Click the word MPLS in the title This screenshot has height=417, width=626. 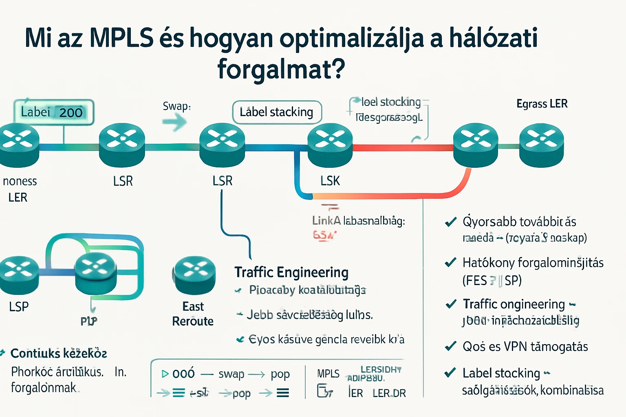[121, 38]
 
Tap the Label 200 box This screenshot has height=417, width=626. [53, 112]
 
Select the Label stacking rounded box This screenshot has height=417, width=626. [277, 112]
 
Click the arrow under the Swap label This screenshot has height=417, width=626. [174, 122]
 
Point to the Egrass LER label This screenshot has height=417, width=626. [542, 104]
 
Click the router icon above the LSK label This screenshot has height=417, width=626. [330, 145]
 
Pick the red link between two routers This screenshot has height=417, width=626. [403, 147]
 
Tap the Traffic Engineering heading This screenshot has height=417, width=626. [291, 272]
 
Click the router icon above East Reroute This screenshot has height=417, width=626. [194, 275]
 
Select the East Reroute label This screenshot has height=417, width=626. [193, 314]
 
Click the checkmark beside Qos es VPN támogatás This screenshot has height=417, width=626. [450, 347]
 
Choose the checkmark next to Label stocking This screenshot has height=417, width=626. [450, 373]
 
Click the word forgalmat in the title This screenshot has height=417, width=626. [281, 69]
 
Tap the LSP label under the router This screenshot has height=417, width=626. [19, 307]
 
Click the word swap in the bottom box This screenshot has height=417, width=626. [231, 374]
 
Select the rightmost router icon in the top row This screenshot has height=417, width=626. [541, 145]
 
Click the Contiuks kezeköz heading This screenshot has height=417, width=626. [59, 353]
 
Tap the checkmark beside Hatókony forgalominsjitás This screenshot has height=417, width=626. [450, 263]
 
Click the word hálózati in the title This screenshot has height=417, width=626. [493, 38]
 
